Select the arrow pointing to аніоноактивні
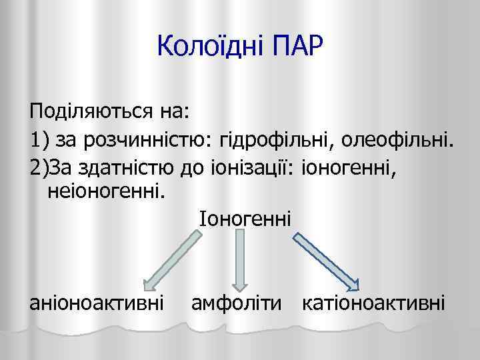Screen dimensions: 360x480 tap(170, 257)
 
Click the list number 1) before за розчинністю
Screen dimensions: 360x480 tap(39, 139)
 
